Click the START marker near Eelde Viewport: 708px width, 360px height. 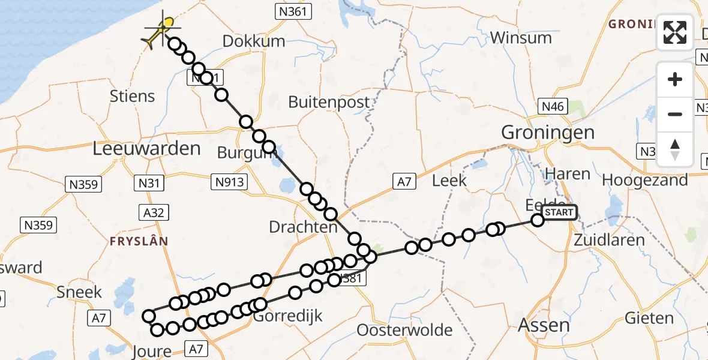tap(559, 212)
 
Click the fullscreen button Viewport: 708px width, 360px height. tap(675, 32)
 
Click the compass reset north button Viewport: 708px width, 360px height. tap(675, 149)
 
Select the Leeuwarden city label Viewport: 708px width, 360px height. tap(146, 149)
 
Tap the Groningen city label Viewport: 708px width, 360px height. tap(548, 133)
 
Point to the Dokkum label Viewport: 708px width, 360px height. tap(253, 41)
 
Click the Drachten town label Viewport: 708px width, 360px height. tap(303, 227)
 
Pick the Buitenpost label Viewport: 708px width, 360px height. tap(329, 102)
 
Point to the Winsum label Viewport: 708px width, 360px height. tap(521, 38)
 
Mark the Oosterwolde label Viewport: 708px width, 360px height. tap(404, 330)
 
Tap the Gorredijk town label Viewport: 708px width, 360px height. tap(287, 316)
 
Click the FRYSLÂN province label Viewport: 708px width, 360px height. tap(139, 241)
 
